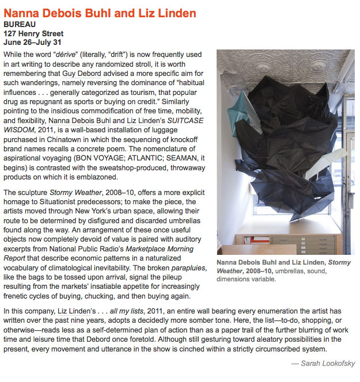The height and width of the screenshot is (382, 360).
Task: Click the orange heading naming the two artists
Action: (100, 13)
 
